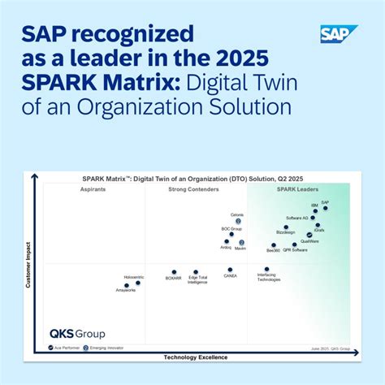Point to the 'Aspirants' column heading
(92, 189)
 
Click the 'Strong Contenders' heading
(193, 189)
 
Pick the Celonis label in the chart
(237, 214)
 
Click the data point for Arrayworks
(127, 285)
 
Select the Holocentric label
(133, 278)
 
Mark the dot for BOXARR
(174, 272)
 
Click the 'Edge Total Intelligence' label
(197, 280)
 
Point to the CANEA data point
(230, 270)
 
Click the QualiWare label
(309, 241)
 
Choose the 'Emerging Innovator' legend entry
(106, 347)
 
